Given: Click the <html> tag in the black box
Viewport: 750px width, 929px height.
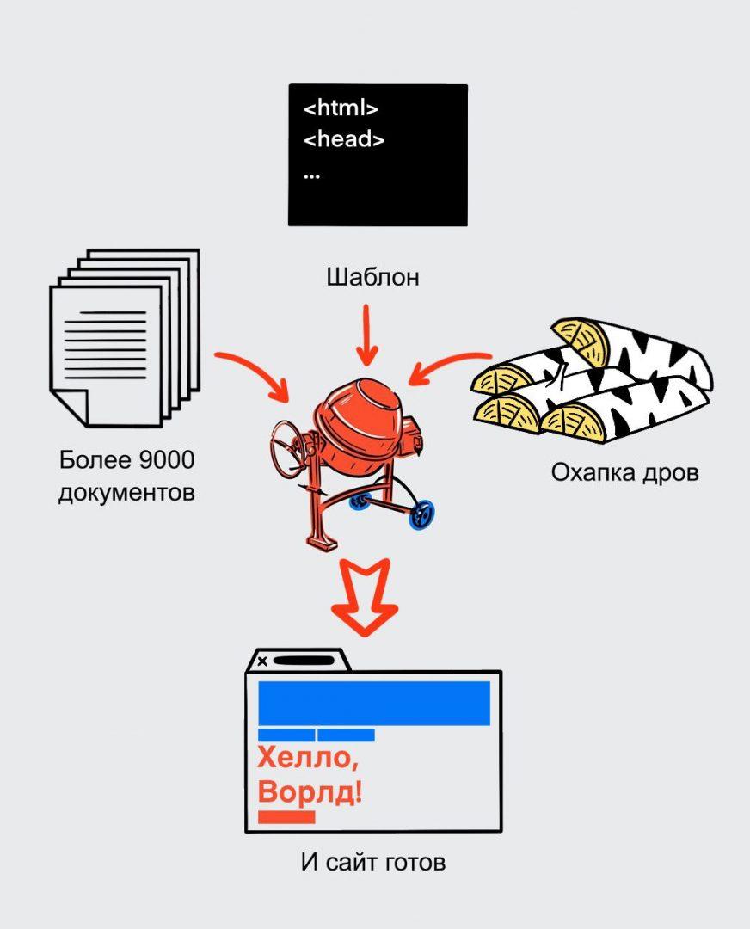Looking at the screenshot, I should tap(341, 108).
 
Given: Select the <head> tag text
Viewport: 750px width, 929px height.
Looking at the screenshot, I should tap(344, 139).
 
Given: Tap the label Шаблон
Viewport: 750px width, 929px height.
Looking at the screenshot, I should tap(372, 278).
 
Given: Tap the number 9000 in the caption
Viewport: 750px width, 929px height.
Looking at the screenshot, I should tap(165, 461).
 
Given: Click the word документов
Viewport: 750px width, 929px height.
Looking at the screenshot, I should tap(126, 493).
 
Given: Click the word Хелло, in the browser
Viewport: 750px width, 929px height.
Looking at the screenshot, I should tap(306, 760).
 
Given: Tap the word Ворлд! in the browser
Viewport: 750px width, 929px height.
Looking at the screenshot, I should tap(310, 791).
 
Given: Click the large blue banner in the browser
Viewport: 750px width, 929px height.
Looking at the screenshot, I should tap(374, 703).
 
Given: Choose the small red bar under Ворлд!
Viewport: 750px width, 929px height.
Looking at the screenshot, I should tap(286, 817).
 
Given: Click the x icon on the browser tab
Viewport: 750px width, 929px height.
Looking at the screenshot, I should tap(262, 661).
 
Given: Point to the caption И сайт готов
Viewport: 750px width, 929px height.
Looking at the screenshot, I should tap(373, 862).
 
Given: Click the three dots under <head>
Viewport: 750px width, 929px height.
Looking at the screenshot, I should tap(311, 175).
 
